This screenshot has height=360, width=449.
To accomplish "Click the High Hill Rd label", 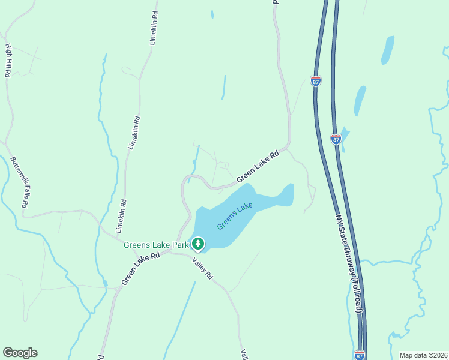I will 8,61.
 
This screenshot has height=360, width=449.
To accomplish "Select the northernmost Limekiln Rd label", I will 154,28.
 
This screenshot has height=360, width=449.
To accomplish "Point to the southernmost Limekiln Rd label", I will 121,216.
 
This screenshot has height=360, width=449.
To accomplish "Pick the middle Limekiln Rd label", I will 134,133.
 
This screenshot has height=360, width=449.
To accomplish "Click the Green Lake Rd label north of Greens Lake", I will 258,166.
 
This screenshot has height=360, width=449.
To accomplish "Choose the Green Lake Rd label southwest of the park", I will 140,268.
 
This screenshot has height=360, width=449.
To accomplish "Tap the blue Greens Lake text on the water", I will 235,216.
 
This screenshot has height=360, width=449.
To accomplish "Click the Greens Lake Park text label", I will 155,245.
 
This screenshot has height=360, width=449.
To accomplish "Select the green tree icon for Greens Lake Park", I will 197,244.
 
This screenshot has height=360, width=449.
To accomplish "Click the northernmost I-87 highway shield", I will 316,80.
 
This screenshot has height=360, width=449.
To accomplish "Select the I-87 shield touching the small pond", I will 336,139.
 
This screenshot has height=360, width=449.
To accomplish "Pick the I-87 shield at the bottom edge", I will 360,355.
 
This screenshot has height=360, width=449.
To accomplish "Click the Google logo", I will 20,353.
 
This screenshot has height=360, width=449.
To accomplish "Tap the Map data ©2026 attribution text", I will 423,355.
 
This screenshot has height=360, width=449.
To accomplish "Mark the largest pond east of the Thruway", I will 360,100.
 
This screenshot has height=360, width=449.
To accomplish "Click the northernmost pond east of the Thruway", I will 388,50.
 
